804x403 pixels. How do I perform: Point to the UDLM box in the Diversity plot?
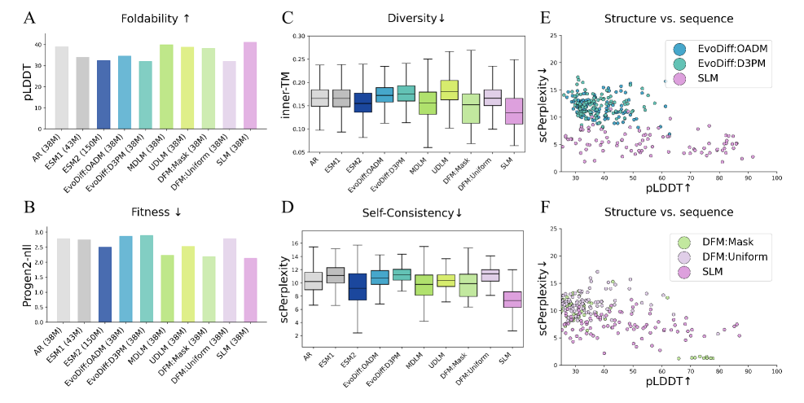(x=449, y=90)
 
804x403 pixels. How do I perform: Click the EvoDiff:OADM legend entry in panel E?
(x=733, y=50)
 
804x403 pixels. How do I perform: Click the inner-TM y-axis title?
(x=285, y=94)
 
